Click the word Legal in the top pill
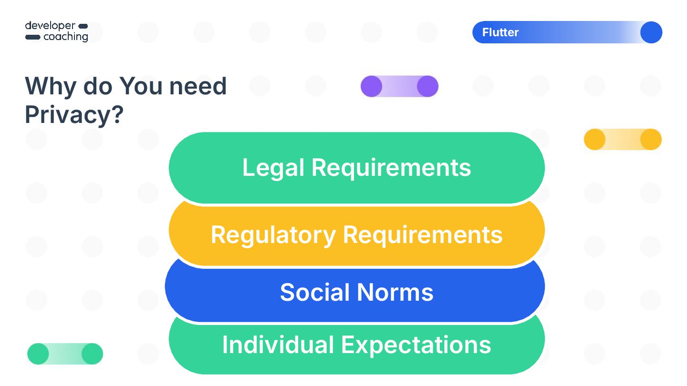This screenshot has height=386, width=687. [x=273, y=168]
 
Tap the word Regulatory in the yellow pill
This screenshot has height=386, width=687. [x=273, y=234]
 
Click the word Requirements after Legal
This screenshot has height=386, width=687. [x=391, y=168]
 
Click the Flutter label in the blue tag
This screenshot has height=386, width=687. [x=500, y=32]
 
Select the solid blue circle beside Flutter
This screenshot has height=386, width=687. [x=651, y=32]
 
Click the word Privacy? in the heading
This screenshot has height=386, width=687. [x=74, y=114]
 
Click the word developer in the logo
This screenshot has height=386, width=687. [x=50, y=25]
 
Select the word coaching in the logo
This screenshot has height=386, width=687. [x=66, y=37]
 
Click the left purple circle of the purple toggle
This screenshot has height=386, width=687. [x=371, y=87]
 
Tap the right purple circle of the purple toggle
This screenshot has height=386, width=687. [x=427, y=87]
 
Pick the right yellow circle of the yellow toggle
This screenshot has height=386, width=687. [x=651, y=140]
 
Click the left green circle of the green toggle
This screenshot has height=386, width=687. [x=38, y=354]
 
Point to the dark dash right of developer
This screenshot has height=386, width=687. [x=83, y=26]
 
